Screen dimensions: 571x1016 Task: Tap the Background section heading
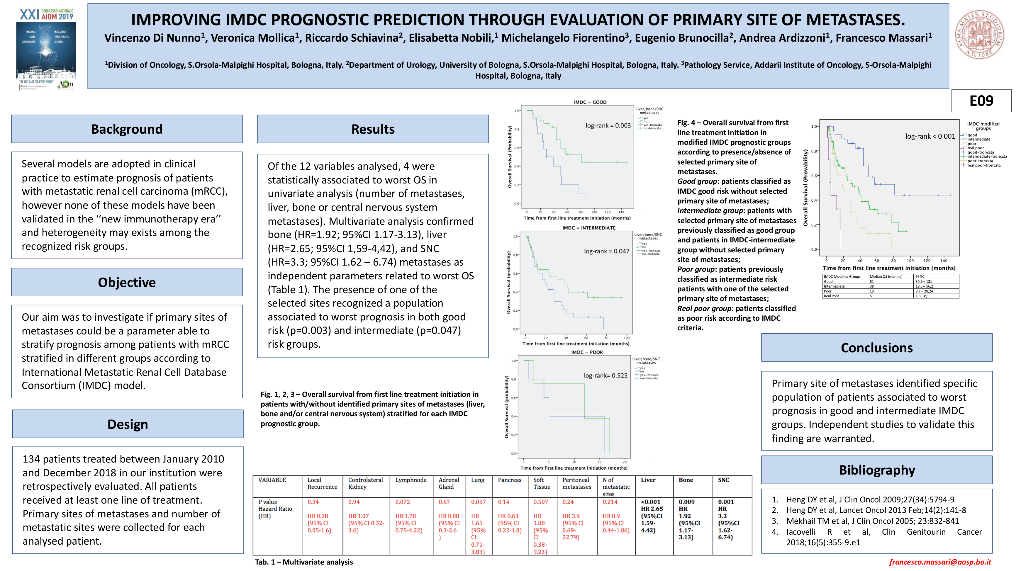point(127,129)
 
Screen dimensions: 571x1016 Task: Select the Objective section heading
point(127,282)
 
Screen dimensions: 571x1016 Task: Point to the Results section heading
point(373,129)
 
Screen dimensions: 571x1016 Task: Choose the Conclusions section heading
point(876,348)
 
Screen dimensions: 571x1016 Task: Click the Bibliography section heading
point(876,470)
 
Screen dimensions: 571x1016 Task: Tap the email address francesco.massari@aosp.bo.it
point(940,562)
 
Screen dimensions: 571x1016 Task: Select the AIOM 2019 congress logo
point(46,49)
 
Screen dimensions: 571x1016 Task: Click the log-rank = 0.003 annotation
point(608,126)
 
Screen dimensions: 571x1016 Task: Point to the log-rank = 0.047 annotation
point(606,251)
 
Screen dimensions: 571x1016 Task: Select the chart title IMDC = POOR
point(587,352)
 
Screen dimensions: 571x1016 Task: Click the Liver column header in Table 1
point(648,480)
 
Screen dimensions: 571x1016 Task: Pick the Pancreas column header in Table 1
point(509,480)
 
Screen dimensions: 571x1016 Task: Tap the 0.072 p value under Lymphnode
point(402,502)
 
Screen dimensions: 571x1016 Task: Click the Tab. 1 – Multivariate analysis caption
point(304,562)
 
